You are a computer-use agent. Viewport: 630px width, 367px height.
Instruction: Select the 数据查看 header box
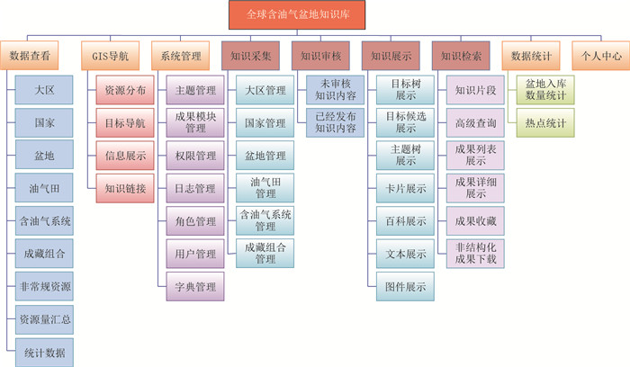(x=35, y=56)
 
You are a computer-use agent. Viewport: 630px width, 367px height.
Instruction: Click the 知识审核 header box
(x=320, y=56)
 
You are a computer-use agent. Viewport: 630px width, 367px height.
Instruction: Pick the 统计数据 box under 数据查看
(x=44, y=352)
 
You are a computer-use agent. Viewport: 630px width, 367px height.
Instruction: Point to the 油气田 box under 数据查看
(x=44, y=188)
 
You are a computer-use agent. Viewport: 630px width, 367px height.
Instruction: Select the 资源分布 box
(x=125, y=91)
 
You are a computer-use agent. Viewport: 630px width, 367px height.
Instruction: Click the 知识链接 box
(x=125, y=187)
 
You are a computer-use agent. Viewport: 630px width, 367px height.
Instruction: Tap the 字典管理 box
(x=193, y=287)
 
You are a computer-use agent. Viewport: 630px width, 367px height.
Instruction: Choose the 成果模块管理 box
(x=193, y=122)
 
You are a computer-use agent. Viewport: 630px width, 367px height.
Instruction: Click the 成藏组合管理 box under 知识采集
(x=265, y=253)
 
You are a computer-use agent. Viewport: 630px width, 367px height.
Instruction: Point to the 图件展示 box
(x=405, y=286)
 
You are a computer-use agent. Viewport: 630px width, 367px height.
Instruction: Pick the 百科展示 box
(x=405, y=220)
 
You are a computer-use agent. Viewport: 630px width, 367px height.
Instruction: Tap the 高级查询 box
(x=476, y=122)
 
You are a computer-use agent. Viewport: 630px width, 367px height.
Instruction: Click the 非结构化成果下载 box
(x=476, y=253)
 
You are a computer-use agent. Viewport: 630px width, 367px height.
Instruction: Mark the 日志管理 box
(x=193, y=188)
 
